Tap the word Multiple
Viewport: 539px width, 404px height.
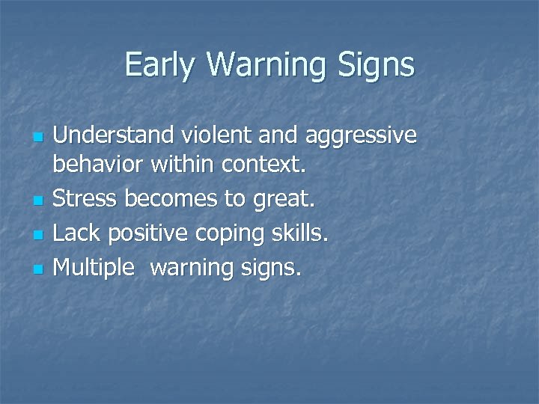pos(97,266)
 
